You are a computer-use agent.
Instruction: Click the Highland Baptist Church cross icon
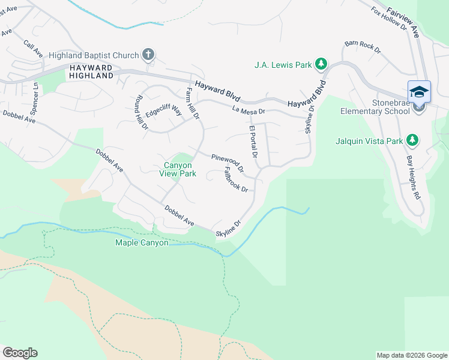(148, 55)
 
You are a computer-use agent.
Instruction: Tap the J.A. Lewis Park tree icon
(321, 64)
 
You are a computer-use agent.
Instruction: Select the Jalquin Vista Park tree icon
(412, 140)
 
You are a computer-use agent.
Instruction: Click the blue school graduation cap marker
(419, 92)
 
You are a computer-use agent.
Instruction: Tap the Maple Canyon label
(142, 243)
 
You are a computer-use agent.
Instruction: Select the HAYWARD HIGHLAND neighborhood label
(91, 71)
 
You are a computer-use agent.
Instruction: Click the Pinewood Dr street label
(228, 163)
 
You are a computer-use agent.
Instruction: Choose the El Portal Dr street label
(253, 142)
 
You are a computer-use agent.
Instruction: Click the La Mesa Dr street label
(248, 110)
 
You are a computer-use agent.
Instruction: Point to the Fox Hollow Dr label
(389, 19)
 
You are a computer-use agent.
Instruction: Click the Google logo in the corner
(20, 352)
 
